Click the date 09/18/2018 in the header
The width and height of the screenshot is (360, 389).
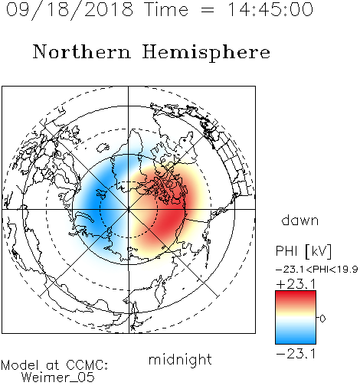(x=70, y=10)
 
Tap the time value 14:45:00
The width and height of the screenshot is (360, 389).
(x=270, y=9)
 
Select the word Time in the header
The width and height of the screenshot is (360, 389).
(x=166, y=9)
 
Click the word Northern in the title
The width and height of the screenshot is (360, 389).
(x=82, y=51)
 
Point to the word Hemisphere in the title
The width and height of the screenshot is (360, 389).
(x=206, y=53)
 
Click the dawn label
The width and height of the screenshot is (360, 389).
(x=300, y=220)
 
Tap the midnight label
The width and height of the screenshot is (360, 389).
(x=180, y=359)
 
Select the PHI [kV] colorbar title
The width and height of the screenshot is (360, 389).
(x=303, y=251)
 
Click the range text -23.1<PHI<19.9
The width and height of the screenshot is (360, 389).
(x=317, y=270)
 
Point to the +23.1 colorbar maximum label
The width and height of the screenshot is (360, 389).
(x=296, y=284)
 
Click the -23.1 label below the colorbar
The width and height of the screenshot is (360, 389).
(x=296, y=354)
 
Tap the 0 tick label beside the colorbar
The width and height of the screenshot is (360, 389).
(x=322, y=319)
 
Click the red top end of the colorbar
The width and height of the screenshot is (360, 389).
(x=296, y=293)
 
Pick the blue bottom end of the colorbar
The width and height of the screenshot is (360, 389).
(x=296, y=342)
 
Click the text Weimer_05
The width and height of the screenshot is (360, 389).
(x=58, y=377)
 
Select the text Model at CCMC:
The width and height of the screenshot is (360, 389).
(x=54, y=365)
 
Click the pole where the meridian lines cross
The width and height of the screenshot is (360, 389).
(x=129, y=210)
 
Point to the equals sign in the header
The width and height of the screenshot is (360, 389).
(x=208, y=10)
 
